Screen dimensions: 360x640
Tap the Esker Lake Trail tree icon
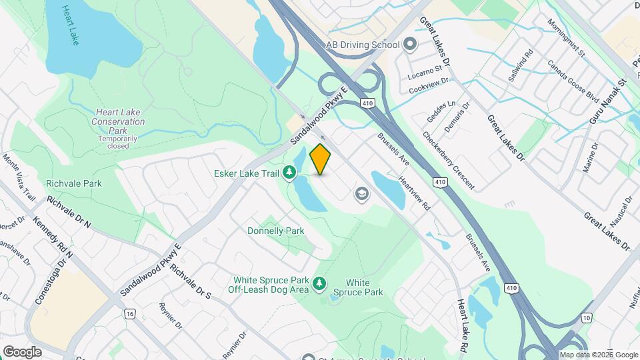289,174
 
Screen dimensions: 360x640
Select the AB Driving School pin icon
409,45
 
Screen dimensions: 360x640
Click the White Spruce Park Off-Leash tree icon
319,284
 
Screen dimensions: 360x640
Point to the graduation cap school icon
362,194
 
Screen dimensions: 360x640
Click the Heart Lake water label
69,25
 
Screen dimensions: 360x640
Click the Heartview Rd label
415,194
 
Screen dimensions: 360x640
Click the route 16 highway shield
129,313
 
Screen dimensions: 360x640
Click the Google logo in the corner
22,351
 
